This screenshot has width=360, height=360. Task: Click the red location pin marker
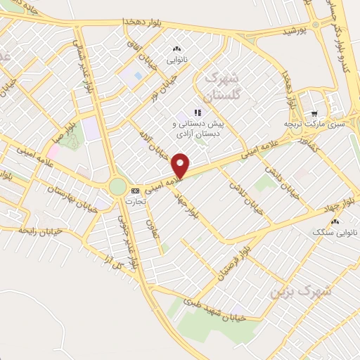[x=181, y=164]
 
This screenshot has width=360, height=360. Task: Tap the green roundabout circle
[x=117, y=187]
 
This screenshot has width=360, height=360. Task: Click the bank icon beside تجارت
[x=134, y=190]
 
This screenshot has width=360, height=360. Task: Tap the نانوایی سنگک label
[x=335, y=231]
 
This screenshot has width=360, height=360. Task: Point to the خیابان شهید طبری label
[x=214, y=309]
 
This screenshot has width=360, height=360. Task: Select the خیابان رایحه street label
[x=41, y=231]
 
